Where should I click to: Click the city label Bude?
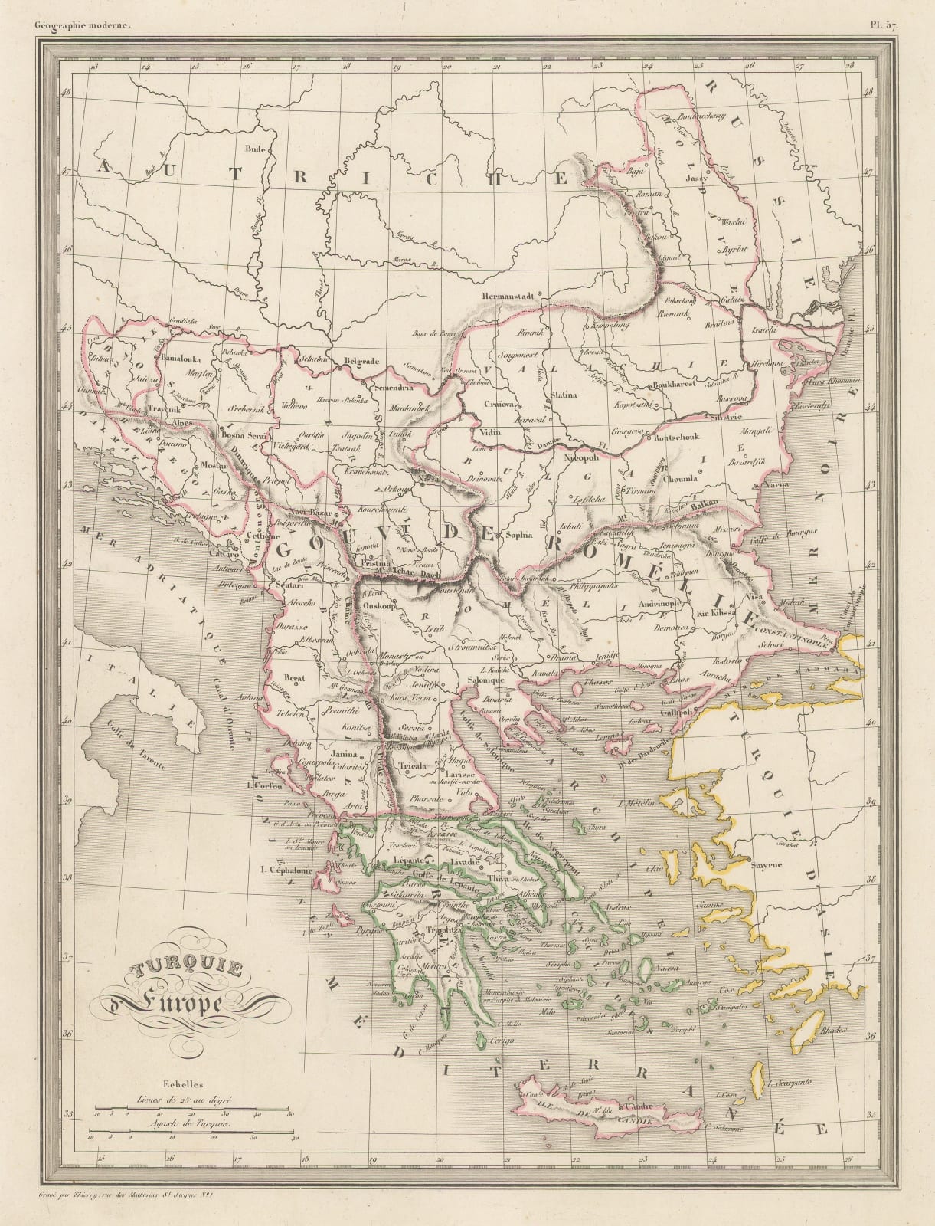(x=253, y=149)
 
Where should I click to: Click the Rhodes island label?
(x=834, y=1031)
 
